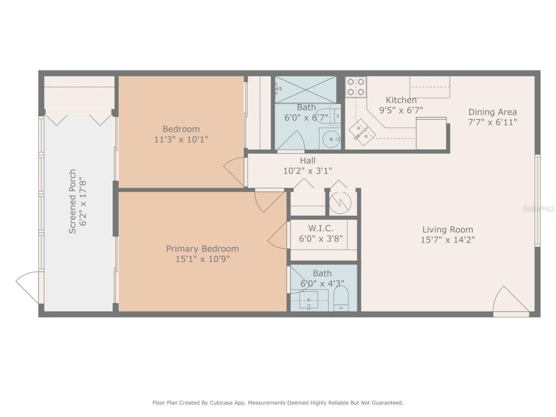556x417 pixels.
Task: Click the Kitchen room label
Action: coord(401,100)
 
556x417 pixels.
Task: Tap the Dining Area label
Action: coord(492,112)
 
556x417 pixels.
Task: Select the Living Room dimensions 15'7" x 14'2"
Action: coord(447,240)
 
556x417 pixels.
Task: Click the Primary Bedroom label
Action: coord(202,249)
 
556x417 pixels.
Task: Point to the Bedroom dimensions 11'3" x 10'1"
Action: coord(181,139)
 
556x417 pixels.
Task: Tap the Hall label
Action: coord(308,161)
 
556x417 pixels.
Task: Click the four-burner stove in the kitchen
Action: coord(356,87)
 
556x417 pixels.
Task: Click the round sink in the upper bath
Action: coord(332,139)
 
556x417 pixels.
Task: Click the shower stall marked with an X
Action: coord(306,89)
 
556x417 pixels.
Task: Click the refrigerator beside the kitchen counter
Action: coord(431,133)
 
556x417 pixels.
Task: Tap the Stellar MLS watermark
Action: coord(539,209)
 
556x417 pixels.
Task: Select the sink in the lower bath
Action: coord(308,300)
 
